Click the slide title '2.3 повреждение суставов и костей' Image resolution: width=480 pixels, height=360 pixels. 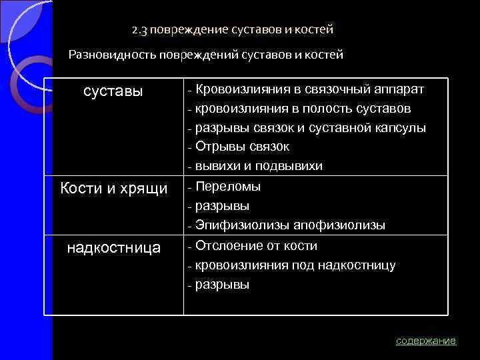[232, 30]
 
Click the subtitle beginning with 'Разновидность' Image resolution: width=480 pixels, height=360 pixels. [206, 55]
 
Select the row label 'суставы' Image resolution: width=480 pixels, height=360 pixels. [113, 91]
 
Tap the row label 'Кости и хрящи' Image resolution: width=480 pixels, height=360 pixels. [114, 188]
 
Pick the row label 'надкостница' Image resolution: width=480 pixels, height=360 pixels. [114, 248]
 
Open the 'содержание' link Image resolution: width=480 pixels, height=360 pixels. [425, 341]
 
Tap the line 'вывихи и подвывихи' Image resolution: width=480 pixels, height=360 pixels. [259, 166]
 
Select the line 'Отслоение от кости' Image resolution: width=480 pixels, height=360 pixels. [256, 245]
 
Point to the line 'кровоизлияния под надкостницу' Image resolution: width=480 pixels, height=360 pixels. [295, 265]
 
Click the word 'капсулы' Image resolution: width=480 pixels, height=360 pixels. [401, 128]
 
